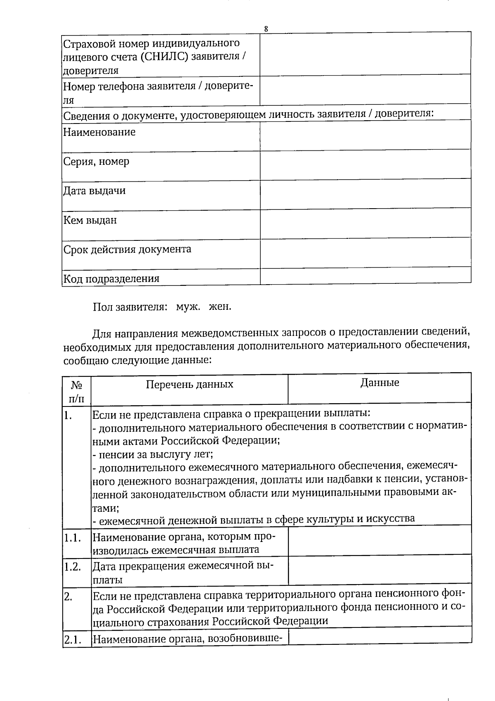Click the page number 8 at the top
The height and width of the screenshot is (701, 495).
266,29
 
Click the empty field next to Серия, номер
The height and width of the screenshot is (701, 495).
365,164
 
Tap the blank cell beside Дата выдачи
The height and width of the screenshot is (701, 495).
365,193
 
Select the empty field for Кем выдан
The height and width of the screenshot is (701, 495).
365,223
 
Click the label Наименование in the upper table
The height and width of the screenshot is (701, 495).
99,133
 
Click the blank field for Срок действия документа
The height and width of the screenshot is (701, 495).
365,252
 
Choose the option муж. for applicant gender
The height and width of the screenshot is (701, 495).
188,307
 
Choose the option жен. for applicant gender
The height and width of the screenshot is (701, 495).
220,307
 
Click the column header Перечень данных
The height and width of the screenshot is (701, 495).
189,385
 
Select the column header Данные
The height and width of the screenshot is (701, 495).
379,383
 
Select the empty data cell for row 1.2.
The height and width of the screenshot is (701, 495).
379,570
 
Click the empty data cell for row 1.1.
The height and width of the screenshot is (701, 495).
379,540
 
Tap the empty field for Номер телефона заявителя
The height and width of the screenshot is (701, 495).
365,90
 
